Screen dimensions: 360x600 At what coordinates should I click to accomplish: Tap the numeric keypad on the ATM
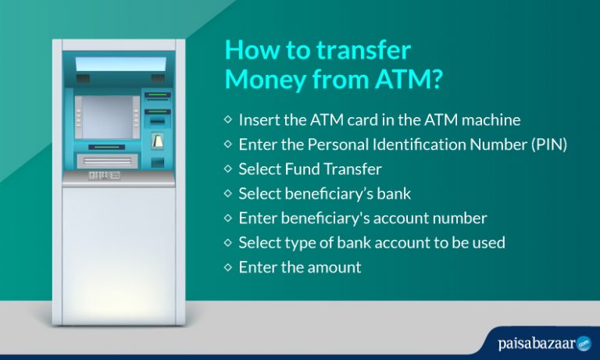coord(104,176)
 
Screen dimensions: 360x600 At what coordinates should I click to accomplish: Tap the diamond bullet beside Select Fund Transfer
coord(227,168)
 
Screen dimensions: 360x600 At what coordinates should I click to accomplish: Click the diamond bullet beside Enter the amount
coord(227,266)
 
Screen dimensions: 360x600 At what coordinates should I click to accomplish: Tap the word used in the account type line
coord(487,242)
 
